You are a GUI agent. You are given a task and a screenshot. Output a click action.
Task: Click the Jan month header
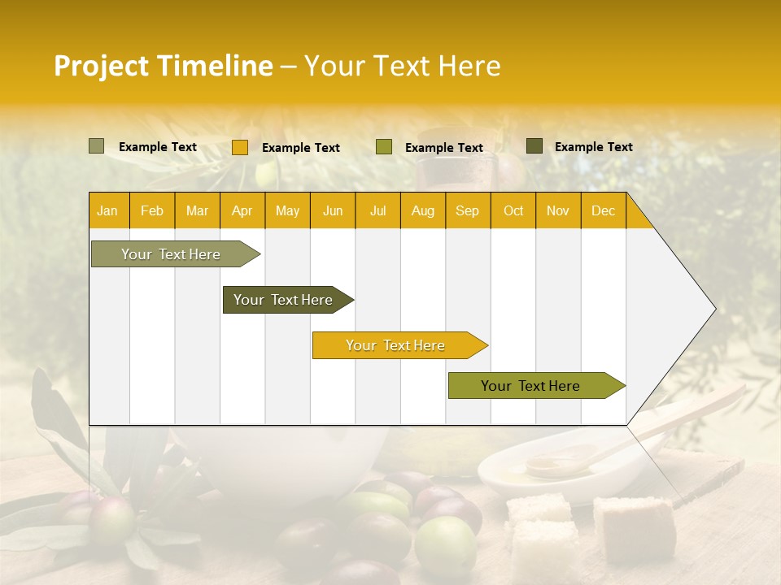point(107,211)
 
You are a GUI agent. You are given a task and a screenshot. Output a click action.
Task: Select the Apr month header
point(242,211)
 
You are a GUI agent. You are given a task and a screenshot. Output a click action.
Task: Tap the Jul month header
point(377,211)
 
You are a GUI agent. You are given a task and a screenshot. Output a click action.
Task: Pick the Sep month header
point(467,211)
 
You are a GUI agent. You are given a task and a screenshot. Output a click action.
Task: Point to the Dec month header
point(603,211)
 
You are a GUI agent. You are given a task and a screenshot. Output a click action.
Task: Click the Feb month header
point(152,211)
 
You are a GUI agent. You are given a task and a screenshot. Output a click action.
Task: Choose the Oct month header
point(513,211)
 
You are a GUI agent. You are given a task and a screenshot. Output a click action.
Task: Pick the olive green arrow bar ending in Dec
point(533,386)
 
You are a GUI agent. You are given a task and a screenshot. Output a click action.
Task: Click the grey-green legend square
point(96,146)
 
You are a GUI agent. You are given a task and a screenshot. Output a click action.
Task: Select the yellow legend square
point(239,147)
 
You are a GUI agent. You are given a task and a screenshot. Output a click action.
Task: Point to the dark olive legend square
point(534,146)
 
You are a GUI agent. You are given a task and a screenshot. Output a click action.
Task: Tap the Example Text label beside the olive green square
point(443,148)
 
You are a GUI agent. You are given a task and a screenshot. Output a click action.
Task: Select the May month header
point(287,211)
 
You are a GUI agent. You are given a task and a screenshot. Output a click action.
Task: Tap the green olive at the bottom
point(445,544)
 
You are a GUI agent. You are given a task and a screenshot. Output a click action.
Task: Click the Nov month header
point(557,211)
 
